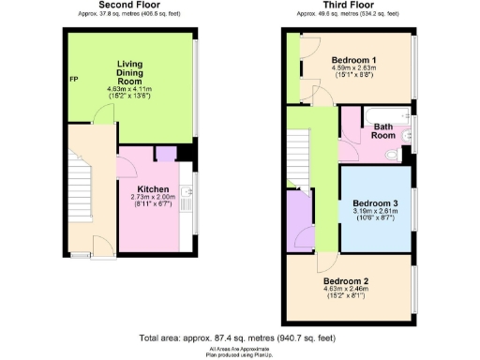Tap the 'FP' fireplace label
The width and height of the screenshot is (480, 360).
[73, 79]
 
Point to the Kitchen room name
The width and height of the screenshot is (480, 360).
[153, 188]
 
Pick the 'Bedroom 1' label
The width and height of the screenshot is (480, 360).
[353, 59]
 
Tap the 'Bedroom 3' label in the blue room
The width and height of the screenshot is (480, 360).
[375, 202]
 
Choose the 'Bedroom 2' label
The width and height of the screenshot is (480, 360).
[346, 280]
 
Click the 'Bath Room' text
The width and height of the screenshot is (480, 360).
[383, 130]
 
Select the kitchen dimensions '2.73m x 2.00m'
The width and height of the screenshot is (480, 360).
[153, 197]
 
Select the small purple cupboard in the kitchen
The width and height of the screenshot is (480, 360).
[166, 154]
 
